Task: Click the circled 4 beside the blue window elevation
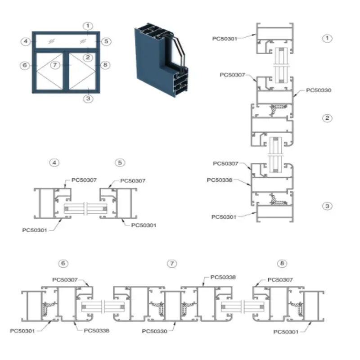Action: click(x=26, y=41)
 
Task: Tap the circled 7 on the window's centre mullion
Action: click(x=55, y=65)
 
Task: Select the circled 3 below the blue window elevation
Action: click(x=88, y=99)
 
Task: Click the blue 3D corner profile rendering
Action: click(x=161, y=60)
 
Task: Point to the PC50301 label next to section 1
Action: click(x=225, y=39)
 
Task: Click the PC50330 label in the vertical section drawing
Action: click(x=319, y=90)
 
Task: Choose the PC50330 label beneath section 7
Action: click(x=154, y=331)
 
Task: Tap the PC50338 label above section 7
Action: click(x=223, y=277)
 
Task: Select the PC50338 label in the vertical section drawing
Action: click(x=220, y=180)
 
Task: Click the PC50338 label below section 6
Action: click(x=97, y=331)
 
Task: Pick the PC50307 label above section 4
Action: click(x=84, y=180)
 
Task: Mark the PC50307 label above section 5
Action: click(x=133, y=181)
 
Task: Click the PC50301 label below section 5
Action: click(x=144, y=225)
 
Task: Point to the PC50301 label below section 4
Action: click(x=35, y=230)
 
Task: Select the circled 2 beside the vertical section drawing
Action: click(x=327, y=118)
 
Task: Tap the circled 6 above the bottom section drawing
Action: click(x=63, y=263)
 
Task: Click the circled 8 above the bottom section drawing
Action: click(x=282, y=263)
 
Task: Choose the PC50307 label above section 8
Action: click(x=280, y=280)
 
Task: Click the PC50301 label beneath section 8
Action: click(x=286, y=332)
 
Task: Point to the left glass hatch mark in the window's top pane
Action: click(x=51, y=41)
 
